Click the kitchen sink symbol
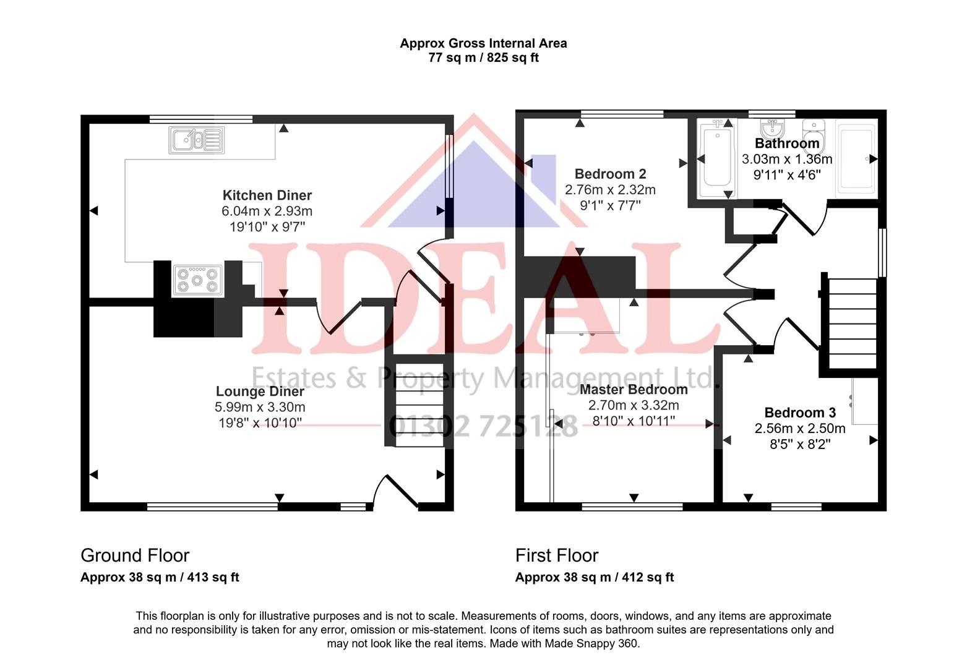click(196, 140)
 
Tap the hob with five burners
click(197, 279)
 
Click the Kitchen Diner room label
click(267, 195)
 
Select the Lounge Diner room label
click(260, 392)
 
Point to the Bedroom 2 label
click(610, 174)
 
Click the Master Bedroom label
click(634, 390)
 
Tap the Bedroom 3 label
click(799, 413)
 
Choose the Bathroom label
click(786, 143)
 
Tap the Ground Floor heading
click(135, 555)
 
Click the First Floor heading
click(557, 555)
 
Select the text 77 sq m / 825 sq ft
click(483, 58)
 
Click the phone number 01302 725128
click(483, 426)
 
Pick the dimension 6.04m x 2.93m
click(267, 212)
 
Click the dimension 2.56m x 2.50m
click(799, 429)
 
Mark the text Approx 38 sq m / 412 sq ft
click(594, 578)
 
